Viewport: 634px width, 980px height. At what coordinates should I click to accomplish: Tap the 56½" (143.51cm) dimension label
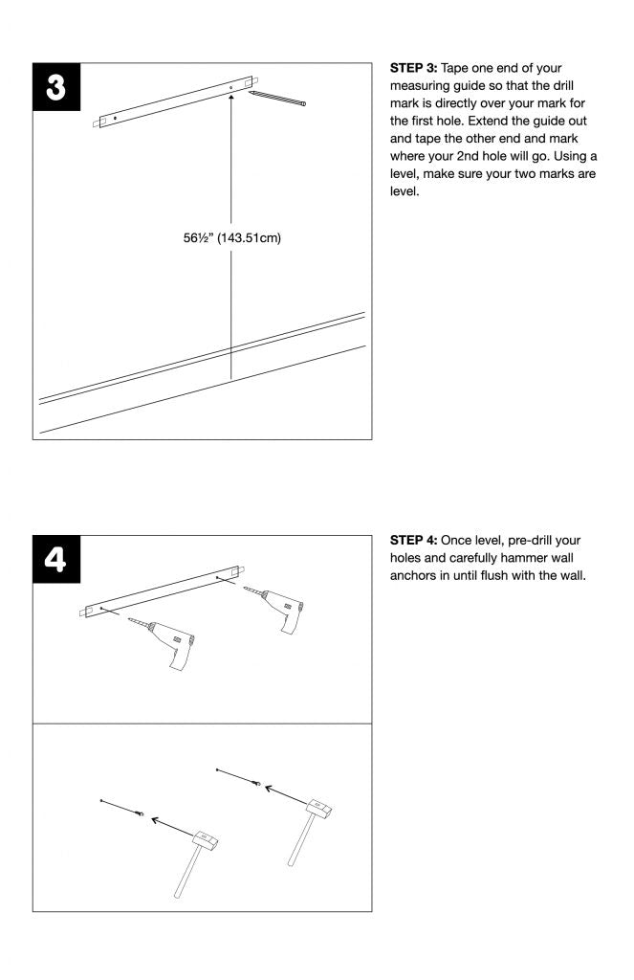pos(232,238)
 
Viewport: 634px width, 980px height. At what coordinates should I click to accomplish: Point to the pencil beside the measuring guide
pos(279,100)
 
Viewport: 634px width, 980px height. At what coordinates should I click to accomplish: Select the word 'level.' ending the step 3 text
pos(406,191)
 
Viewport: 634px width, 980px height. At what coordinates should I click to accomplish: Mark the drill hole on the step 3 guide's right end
pos(230,88)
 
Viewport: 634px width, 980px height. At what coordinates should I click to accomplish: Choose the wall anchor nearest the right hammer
pos(257,784)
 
